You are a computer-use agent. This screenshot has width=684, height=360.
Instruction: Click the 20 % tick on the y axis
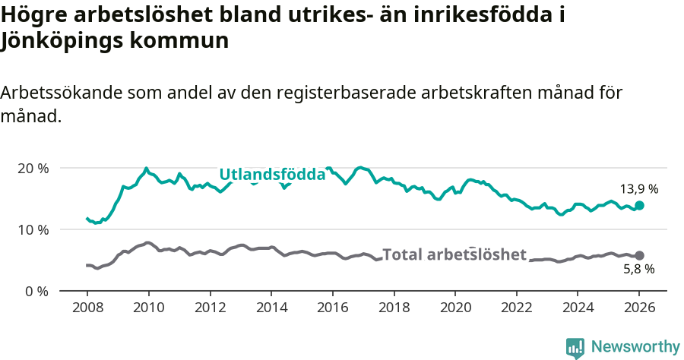[x=33, y=168]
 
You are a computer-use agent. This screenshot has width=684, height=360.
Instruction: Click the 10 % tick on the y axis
[x=33, y=229]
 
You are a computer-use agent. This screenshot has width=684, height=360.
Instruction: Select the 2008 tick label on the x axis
[x=87, y=308]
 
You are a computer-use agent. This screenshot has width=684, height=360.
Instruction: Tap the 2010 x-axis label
[x=148, y=308]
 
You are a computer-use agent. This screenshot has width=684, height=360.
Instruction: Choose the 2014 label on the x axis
[x=271, y=308]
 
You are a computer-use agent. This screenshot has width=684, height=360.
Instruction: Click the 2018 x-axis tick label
[x=394, y=308]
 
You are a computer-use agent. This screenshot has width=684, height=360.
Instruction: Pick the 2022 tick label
[x=517, y=308]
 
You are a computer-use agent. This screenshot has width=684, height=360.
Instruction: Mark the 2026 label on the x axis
[x=639, y=308]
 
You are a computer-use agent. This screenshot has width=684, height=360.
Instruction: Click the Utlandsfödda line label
[x=272, y=175]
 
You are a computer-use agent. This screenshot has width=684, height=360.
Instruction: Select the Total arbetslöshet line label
[x=454, y=254]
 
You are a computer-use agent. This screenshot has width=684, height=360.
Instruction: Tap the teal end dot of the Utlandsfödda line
[x=639, y=205]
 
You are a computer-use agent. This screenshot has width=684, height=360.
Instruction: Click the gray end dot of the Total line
[x=639, y=255]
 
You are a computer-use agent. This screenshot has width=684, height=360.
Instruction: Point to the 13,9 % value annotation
[x=638, y=188]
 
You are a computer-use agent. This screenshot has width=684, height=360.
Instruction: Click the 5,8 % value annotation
[x=638, y=269]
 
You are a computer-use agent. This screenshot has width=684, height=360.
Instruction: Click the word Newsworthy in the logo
[x=635, y=346]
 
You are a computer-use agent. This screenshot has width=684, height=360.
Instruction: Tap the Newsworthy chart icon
[x=575, y=347]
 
